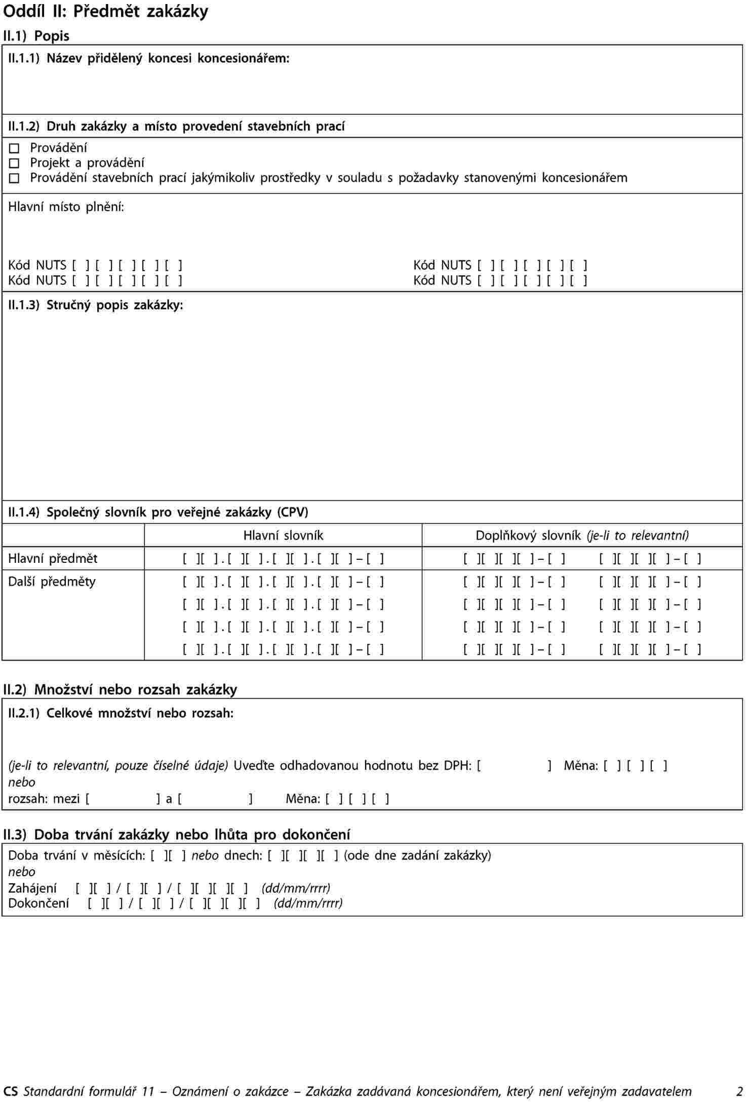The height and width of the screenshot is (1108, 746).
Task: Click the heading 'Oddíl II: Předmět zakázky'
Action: (x=105, y=11)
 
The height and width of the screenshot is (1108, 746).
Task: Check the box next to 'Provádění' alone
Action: (x=14, y=148)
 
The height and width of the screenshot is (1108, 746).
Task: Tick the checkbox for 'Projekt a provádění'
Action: (x=14, y=163)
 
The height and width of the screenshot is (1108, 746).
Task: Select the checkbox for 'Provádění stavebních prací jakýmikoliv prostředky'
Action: (x=14, y=178)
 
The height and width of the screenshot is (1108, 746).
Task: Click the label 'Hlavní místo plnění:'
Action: (x=66, y=207)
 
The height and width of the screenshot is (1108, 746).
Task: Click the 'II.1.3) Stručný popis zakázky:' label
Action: (x=96, y=305)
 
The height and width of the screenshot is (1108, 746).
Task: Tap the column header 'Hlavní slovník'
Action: (x=283, y=536)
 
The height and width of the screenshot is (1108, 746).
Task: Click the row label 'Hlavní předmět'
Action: (x=53, y=559)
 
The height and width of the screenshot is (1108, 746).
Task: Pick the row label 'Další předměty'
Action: (x=52, y=582)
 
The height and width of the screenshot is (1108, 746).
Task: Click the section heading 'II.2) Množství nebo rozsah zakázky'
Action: (x=120, y=689)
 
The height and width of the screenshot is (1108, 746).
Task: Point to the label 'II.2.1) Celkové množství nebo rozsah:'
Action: (x=121, y=713)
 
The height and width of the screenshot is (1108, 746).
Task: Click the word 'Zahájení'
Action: (x=32, y=888)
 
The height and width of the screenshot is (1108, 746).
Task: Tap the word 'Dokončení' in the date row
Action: (x=38, y=903)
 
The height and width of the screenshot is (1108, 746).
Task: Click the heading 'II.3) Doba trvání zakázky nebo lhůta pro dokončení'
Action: (x=177, y=834)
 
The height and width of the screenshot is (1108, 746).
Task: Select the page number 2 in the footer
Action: (x=739, y=1092)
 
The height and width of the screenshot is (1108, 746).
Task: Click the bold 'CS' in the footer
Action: (x=10, y=1092)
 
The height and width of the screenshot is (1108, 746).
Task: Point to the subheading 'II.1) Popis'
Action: (x=36, y=36)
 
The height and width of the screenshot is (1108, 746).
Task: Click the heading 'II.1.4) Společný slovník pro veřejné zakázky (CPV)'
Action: (x=158, y=512)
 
